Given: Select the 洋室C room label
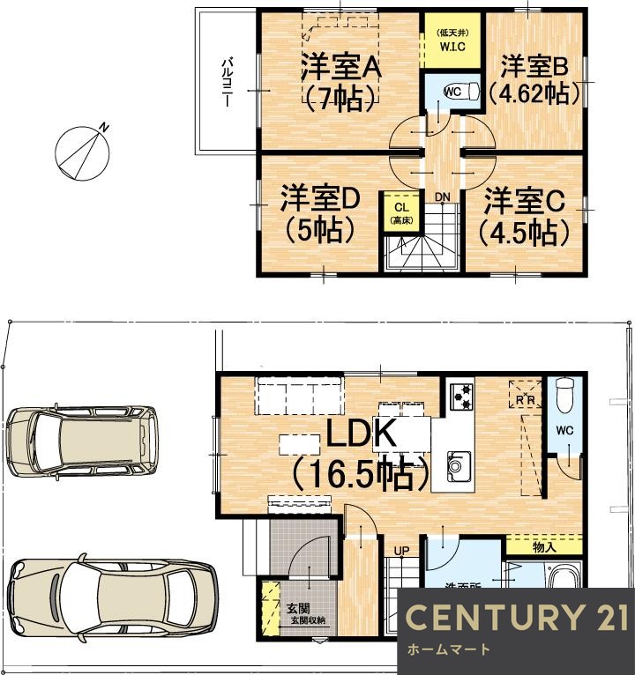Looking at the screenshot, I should pos(524,201).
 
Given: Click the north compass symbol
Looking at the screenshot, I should pos(81,151).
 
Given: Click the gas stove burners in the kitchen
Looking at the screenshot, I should pos(460,397).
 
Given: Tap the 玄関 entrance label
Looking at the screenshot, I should pos(296,608).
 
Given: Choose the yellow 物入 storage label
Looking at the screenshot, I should pos(544,547).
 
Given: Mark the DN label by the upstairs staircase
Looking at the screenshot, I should pos(440,196).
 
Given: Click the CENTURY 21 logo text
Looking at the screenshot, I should pos(517,618).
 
